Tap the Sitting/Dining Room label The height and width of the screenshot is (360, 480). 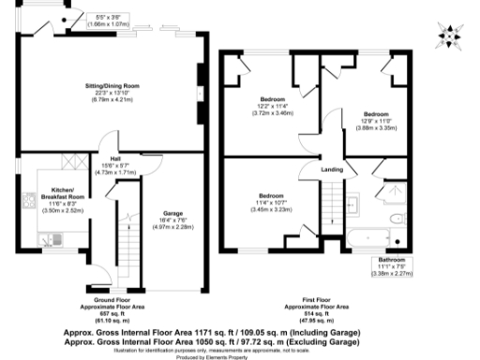click(112, 86)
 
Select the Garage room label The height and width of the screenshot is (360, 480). click(172, 214)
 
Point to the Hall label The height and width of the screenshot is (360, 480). click(114, 159)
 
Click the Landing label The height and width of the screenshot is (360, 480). click(331, 170)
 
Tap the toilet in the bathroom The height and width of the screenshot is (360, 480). click(397, 219)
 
